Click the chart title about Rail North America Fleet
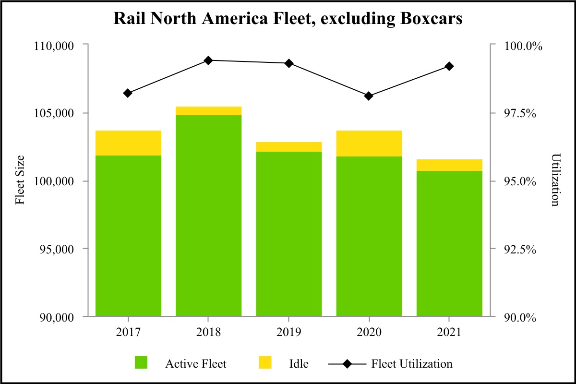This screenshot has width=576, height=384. click(288, 19)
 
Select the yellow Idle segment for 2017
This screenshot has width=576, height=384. click(128, 143)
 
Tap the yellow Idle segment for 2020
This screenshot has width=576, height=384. click(369, 143)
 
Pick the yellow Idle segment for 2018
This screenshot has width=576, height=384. click(208, 111)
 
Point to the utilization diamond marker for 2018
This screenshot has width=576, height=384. click(208, 60)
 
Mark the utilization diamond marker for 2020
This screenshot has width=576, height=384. click(369, 96)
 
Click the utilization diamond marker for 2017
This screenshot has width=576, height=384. click(128, 93)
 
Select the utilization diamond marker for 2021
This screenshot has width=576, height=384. click(449, 66)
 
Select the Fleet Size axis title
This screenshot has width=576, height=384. click(20, 180)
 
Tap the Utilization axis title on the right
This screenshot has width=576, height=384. click(555, 180)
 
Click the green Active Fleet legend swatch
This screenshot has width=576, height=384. click(141, 363)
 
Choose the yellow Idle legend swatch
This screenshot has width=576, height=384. click(265, 363)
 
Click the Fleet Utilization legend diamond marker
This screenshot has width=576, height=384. click(347, 364)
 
